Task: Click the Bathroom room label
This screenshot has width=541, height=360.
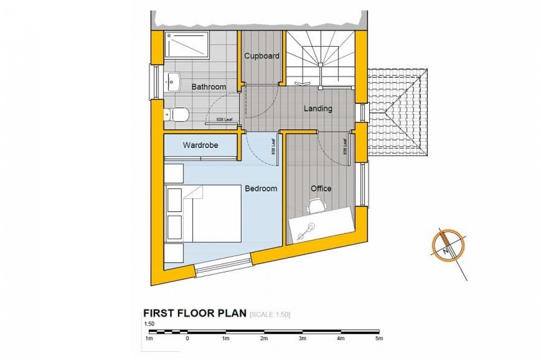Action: [208, 87]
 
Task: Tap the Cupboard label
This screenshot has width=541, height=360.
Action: [261, 56]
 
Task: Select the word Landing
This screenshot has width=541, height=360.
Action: [317, 109]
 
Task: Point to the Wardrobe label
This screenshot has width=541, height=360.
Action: [200, 145]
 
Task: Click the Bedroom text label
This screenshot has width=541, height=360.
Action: [261, 189]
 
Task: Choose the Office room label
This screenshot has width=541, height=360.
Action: [321, 189]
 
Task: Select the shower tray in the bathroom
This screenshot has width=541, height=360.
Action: [187, 46]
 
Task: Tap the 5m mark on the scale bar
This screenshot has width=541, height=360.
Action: [379, 338]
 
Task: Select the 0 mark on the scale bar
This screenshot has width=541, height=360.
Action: [187, 338]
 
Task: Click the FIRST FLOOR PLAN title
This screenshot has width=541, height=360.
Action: [195, 313]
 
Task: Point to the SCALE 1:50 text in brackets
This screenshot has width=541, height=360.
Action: [270, 314]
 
